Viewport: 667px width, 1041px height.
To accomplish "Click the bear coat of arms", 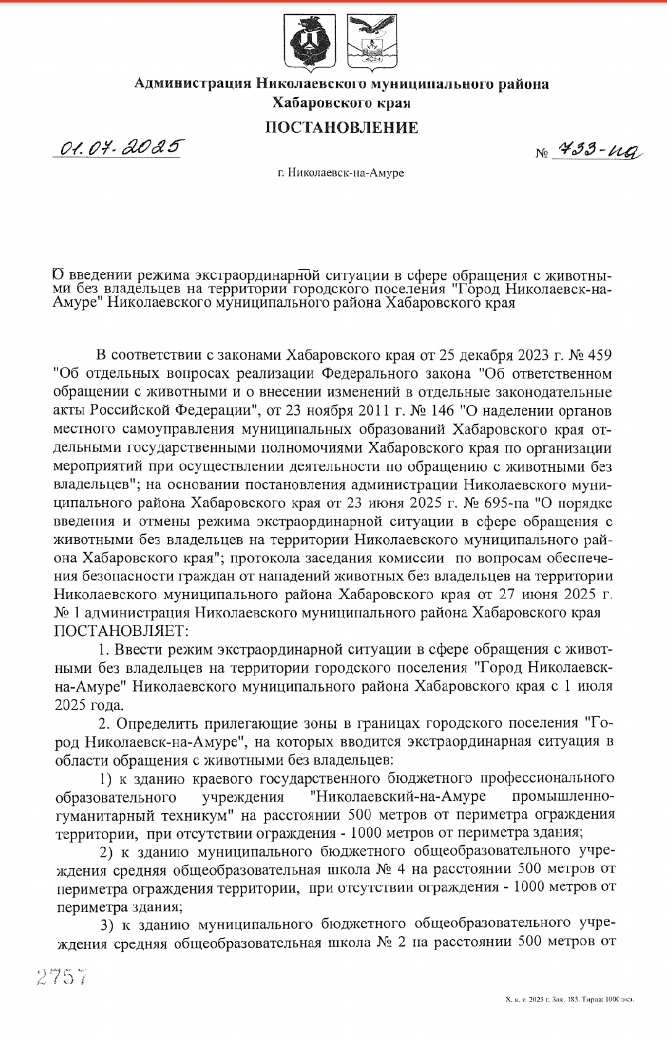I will tap(309, 41).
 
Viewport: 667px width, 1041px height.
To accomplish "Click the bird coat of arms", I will tap(372, 41).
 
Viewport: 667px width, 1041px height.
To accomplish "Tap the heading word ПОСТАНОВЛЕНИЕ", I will tap(342, 128).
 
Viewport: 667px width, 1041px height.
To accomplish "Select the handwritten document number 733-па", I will tap(598, 149).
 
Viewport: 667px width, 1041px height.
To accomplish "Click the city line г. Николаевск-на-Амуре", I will tap(341, 173).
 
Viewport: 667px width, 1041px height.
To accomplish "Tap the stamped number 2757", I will tap(62, 977).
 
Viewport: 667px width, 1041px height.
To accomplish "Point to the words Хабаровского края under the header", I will tap(342, 102).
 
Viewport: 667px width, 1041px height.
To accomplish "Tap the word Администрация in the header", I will tap(193, 83).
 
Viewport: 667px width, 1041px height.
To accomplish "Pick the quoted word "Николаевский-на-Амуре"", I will tap(397, 796).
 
